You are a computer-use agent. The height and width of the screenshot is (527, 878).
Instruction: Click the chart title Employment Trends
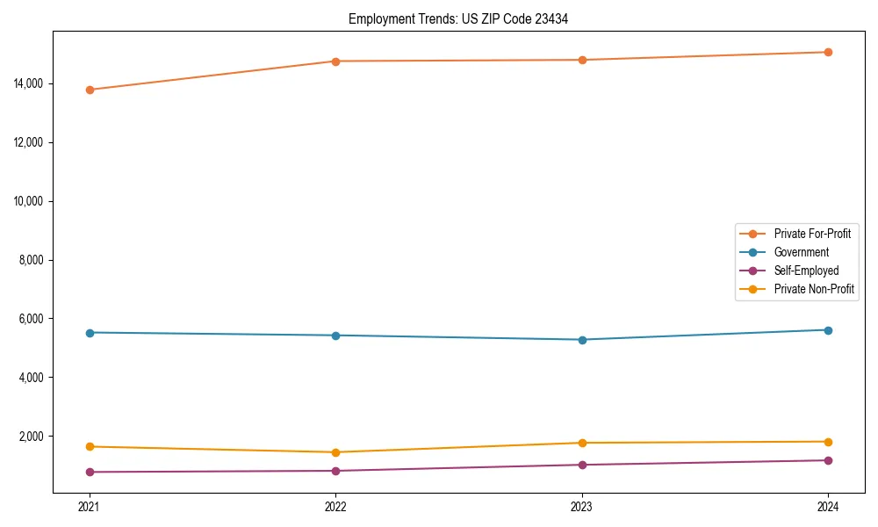tap(457, 18)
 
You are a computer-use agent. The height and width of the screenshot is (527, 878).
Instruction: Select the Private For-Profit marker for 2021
tap(90, 90)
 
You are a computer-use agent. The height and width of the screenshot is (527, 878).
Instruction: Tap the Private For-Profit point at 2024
tap(828, 52)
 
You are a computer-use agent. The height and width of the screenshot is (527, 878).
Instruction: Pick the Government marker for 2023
tap(582, 340)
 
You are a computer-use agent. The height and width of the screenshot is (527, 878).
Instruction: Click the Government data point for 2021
tap(90, 333)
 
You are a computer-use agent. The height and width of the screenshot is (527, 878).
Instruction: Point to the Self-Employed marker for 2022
tap(335, 471)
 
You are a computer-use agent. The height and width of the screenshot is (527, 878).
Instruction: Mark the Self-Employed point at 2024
tap(828, 460)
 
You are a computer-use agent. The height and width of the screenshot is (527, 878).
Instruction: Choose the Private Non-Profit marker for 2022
tap(335, 452)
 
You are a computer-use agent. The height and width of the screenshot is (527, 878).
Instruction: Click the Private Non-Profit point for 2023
tap(582, 443)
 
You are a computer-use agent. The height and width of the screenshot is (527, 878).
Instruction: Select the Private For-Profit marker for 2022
tap(335, 61)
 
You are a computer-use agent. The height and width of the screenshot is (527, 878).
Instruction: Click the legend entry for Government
tap(801, 252)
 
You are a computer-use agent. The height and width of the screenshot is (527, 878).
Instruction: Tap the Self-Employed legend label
tap(806, 271)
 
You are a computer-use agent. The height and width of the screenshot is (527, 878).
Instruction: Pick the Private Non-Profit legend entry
tap(814, 289)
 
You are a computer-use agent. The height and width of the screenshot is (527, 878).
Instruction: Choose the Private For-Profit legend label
tap(812, 234)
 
